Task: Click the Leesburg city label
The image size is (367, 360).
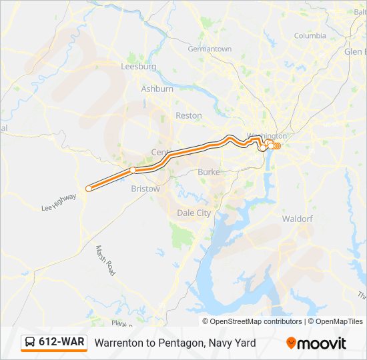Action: (138, 67)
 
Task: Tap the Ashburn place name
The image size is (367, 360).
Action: (157, 89)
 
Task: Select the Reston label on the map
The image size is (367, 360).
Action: (188, 115)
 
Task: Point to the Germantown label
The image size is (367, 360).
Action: (210, 49)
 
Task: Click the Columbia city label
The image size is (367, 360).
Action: (310, 35)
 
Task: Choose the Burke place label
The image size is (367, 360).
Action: (208, 172)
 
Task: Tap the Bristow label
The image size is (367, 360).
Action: (145, 189)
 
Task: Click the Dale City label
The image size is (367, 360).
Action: (194, 213)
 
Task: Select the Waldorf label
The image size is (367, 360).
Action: (298, 219)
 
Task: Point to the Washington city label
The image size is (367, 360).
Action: (262, 136)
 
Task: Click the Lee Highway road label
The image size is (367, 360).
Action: (59, 207)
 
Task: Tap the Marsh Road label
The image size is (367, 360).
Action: (105, 261)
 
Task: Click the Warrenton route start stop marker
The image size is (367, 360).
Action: (89, 188)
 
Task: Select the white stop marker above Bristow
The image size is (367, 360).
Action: (133, 170)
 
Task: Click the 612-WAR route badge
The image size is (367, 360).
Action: (54, 343)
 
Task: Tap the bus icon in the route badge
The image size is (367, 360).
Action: (31, 343)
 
